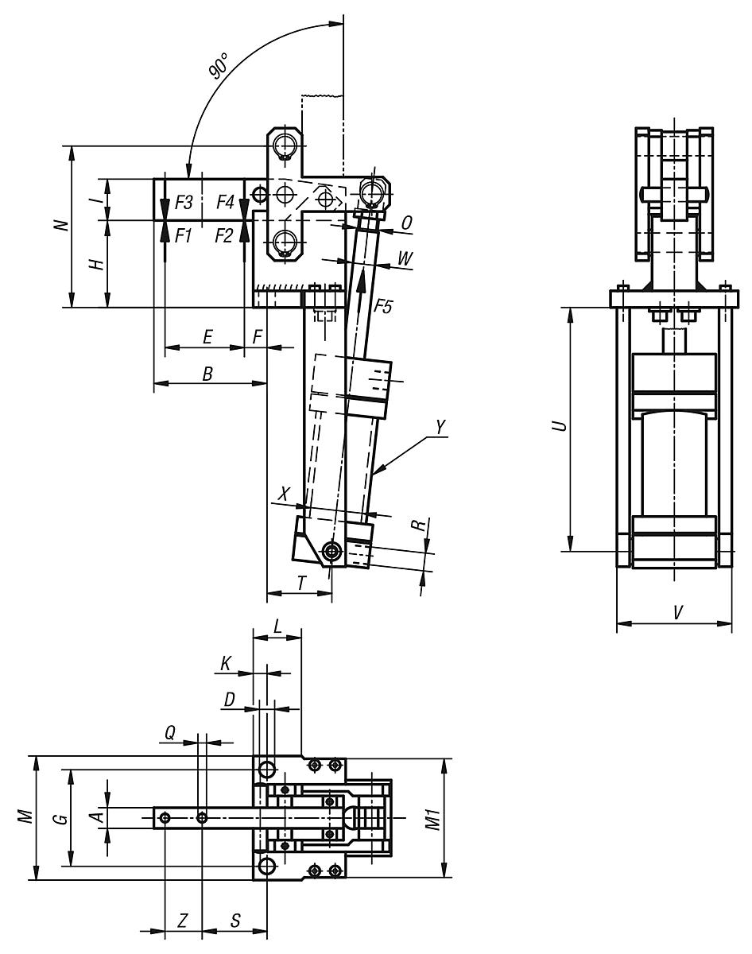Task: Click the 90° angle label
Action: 219,70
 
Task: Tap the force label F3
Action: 184,203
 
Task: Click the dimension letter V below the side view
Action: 676,612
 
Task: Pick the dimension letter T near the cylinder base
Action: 301,583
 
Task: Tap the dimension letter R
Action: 416,526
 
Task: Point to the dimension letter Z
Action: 183,921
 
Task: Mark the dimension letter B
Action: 207,374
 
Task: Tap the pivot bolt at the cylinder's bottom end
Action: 331,549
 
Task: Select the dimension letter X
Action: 285,494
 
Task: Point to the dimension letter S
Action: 235,921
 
